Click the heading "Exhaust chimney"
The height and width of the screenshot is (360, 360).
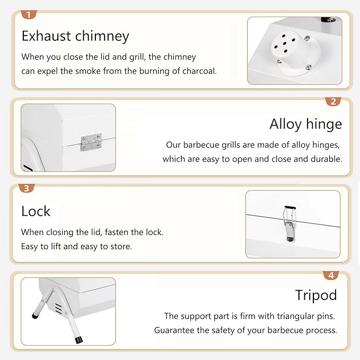pyautogui.click(x=75, y=36)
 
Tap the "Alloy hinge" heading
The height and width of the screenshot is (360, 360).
pyautogui.click(x=305, y=124)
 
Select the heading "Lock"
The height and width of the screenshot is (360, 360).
pyautogui.click(x=36, y=211)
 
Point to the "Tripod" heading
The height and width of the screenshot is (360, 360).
pyautogui.click(x=316, y=295)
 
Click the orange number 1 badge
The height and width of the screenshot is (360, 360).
pyautogui.click(x=29, y=14)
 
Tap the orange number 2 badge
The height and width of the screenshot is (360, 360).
pyautogui.click(x=333, y=101)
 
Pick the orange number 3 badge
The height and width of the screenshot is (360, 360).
pyautogui.click(x=27, y=188)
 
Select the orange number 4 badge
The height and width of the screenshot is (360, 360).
pyautogui.click(x=331, y=275)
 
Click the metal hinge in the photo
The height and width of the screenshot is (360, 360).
pyautogui.click(x=91, y=142)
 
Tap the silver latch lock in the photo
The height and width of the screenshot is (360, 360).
pyautogui.click(x=289, y=224)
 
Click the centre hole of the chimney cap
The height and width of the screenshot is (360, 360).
pyautogui.click(x=285, y=43)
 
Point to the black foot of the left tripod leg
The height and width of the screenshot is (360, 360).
pyautogui.click(x=35, y=316)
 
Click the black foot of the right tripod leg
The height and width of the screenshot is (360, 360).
pyautogui.click(x=78, y=340)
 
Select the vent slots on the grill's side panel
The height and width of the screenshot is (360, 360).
pyautogui.click(x=58, y=308)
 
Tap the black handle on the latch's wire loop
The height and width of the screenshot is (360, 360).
pyautogui.click(x=290, y=207)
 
